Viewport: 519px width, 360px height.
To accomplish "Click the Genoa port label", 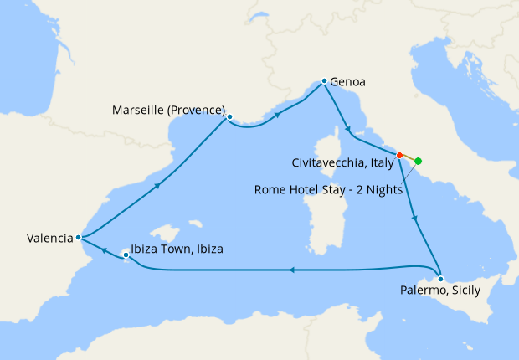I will tap(348, 82).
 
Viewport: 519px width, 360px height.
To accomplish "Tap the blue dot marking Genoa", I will tap(324, 81).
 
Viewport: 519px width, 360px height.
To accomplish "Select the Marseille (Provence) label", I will tap(170, 111).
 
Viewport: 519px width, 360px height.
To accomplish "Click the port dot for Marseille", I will tap(229, 117).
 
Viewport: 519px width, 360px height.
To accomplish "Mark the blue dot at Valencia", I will tap(78, 237).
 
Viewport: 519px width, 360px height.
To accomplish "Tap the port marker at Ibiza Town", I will tap(126, 253).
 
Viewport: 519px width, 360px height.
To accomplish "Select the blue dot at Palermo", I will tap(440, 277).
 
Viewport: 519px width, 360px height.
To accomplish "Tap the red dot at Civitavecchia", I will tap(400, 155).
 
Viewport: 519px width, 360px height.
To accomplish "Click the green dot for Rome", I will tap(419, 161).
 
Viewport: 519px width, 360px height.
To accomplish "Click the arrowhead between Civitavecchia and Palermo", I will tap(415, 219).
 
